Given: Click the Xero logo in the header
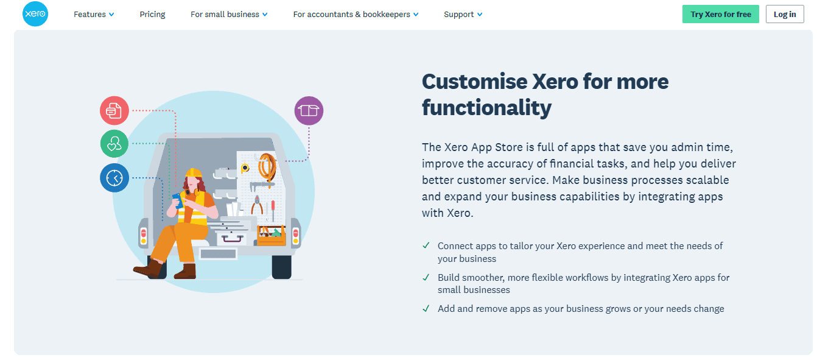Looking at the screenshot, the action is [x=35, y=14].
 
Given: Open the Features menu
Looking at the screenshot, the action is [x=94, y=14].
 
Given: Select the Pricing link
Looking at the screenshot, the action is [x=152, y=14].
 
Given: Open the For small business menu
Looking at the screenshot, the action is [x=229, y=14].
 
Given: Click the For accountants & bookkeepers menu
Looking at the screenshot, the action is [x=356, y=14].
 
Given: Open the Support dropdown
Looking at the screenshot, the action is [x=463, y=14].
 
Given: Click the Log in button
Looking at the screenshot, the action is [x=785, y=14].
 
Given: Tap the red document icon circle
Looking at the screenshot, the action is [x=114, y=111].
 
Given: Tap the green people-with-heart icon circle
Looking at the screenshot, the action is [x=114, y=144].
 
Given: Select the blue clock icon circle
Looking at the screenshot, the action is [x=114, y=178].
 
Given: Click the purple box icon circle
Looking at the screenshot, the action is [x=309, y=111].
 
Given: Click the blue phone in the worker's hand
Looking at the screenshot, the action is [x=178, y=200].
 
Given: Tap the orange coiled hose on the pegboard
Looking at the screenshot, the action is [x=267, y=166].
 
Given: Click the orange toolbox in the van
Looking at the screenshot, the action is [x=272, y=235].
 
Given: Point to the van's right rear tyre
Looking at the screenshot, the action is [x=282, y=267].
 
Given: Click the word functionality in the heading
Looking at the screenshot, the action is [x=486, y=108].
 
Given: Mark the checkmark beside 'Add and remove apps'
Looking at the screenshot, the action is [x=426, y=308].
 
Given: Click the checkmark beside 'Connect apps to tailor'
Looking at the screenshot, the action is [x=426, y=245].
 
